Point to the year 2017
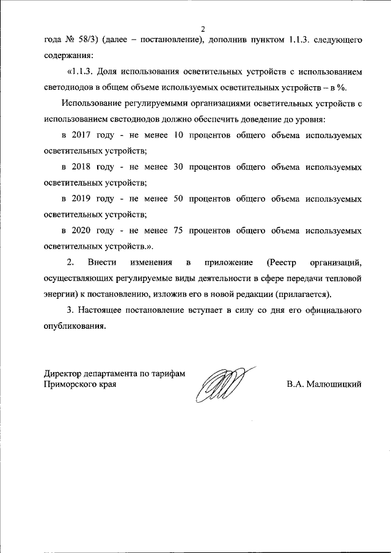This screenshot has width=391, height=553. pos(81,134)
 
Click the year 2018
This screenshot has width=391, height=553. pos(81,166)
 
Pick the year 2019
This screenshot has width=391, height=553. pos(81,199)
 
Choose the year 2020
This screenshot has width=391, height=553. pos(81,231)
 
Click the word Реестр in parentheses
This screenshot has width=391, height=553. pos(282,263)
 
